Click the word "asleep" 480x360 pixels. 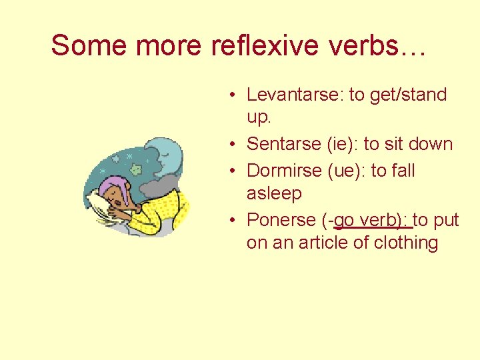(x=274, y=193)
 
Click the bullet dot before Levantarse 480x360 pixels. (x=228, y=95)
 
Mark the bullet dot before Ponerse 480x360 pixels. (x=228, y=221)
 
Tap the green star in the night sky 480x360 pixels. (x=137, y=169)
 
